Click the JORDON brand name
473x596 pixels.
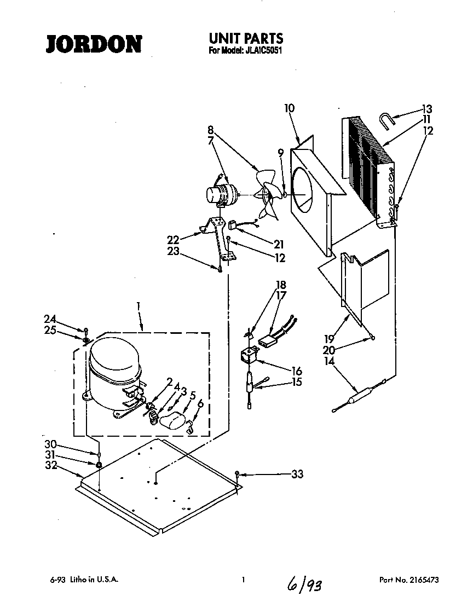click(94, 44)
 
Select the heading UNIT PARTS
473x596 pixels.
click(246, 38)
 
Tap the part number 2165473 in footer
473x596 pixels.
click(422, 579)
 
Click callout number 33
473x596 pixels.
click(297, 475)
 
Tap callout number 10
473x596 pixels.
click(289, 108)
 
